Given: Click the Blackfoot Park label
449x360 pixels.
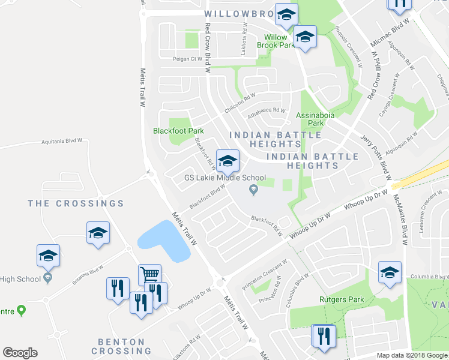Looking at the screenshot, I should [178, 131].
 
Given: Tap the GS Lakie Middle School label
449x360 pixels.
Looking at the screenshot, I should [224, 178].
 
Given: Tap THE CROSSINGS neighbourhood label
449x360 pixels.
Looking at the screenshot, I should [76, 203].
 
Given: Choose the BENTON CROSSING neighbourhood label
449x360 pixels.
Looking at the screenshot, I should [121, 346].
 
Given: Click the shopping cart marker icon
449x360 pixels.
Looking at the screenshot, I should [149, 275].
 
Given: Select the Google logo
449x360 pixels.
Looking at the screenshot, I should [20, 353].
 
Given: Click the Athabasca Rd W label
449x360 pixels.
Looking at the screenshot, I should [267, 110].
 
